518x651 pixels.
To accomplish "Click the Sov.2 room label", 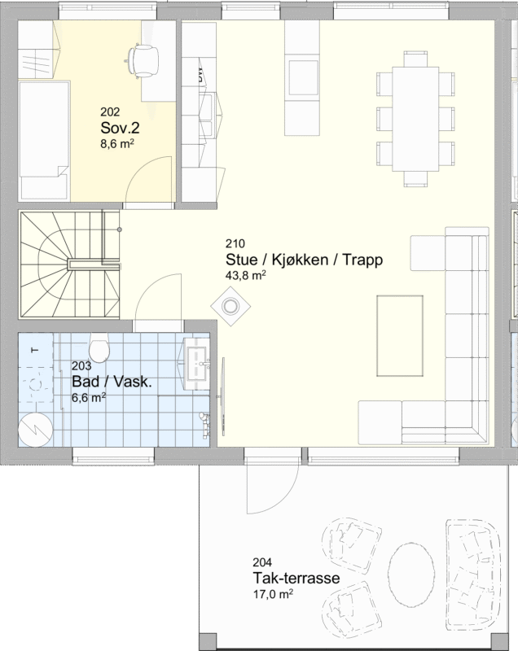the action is tap(120, 128).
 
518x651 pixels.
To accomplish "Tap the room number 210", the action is tap(235, 243).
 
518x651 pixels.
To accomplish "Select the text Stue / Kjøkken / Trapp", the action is tap(304, 260).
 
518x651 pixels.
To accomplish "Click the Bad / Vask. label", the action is tap(112, 382).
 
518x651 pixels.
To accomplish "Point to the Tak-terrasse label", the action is tap(296, 578).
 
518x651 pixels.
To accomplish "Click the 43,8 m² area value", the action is tap(245, 275).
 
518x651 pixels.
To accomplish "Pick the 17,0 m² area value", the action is tap(273, 594).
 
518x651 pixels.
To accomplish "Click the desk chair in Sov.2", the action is tap(143, 60).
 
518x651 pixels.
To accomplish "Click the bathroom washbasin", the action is tap(197, 363).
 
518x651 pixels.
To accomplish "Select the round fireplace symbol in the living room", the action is tap(230, 307).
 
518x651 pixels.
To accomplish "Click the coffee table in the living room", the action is tap(400, 335).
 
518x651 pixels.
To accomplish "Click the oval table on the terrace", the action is tap(410, 575).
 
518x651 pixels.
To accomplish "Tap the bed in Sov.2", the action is tap(44, 140).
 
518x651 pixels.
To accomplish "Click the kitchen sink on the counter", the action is tap(207, 115).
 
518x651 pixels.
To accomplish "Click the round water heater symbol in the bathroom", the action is tap(36, 430).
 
